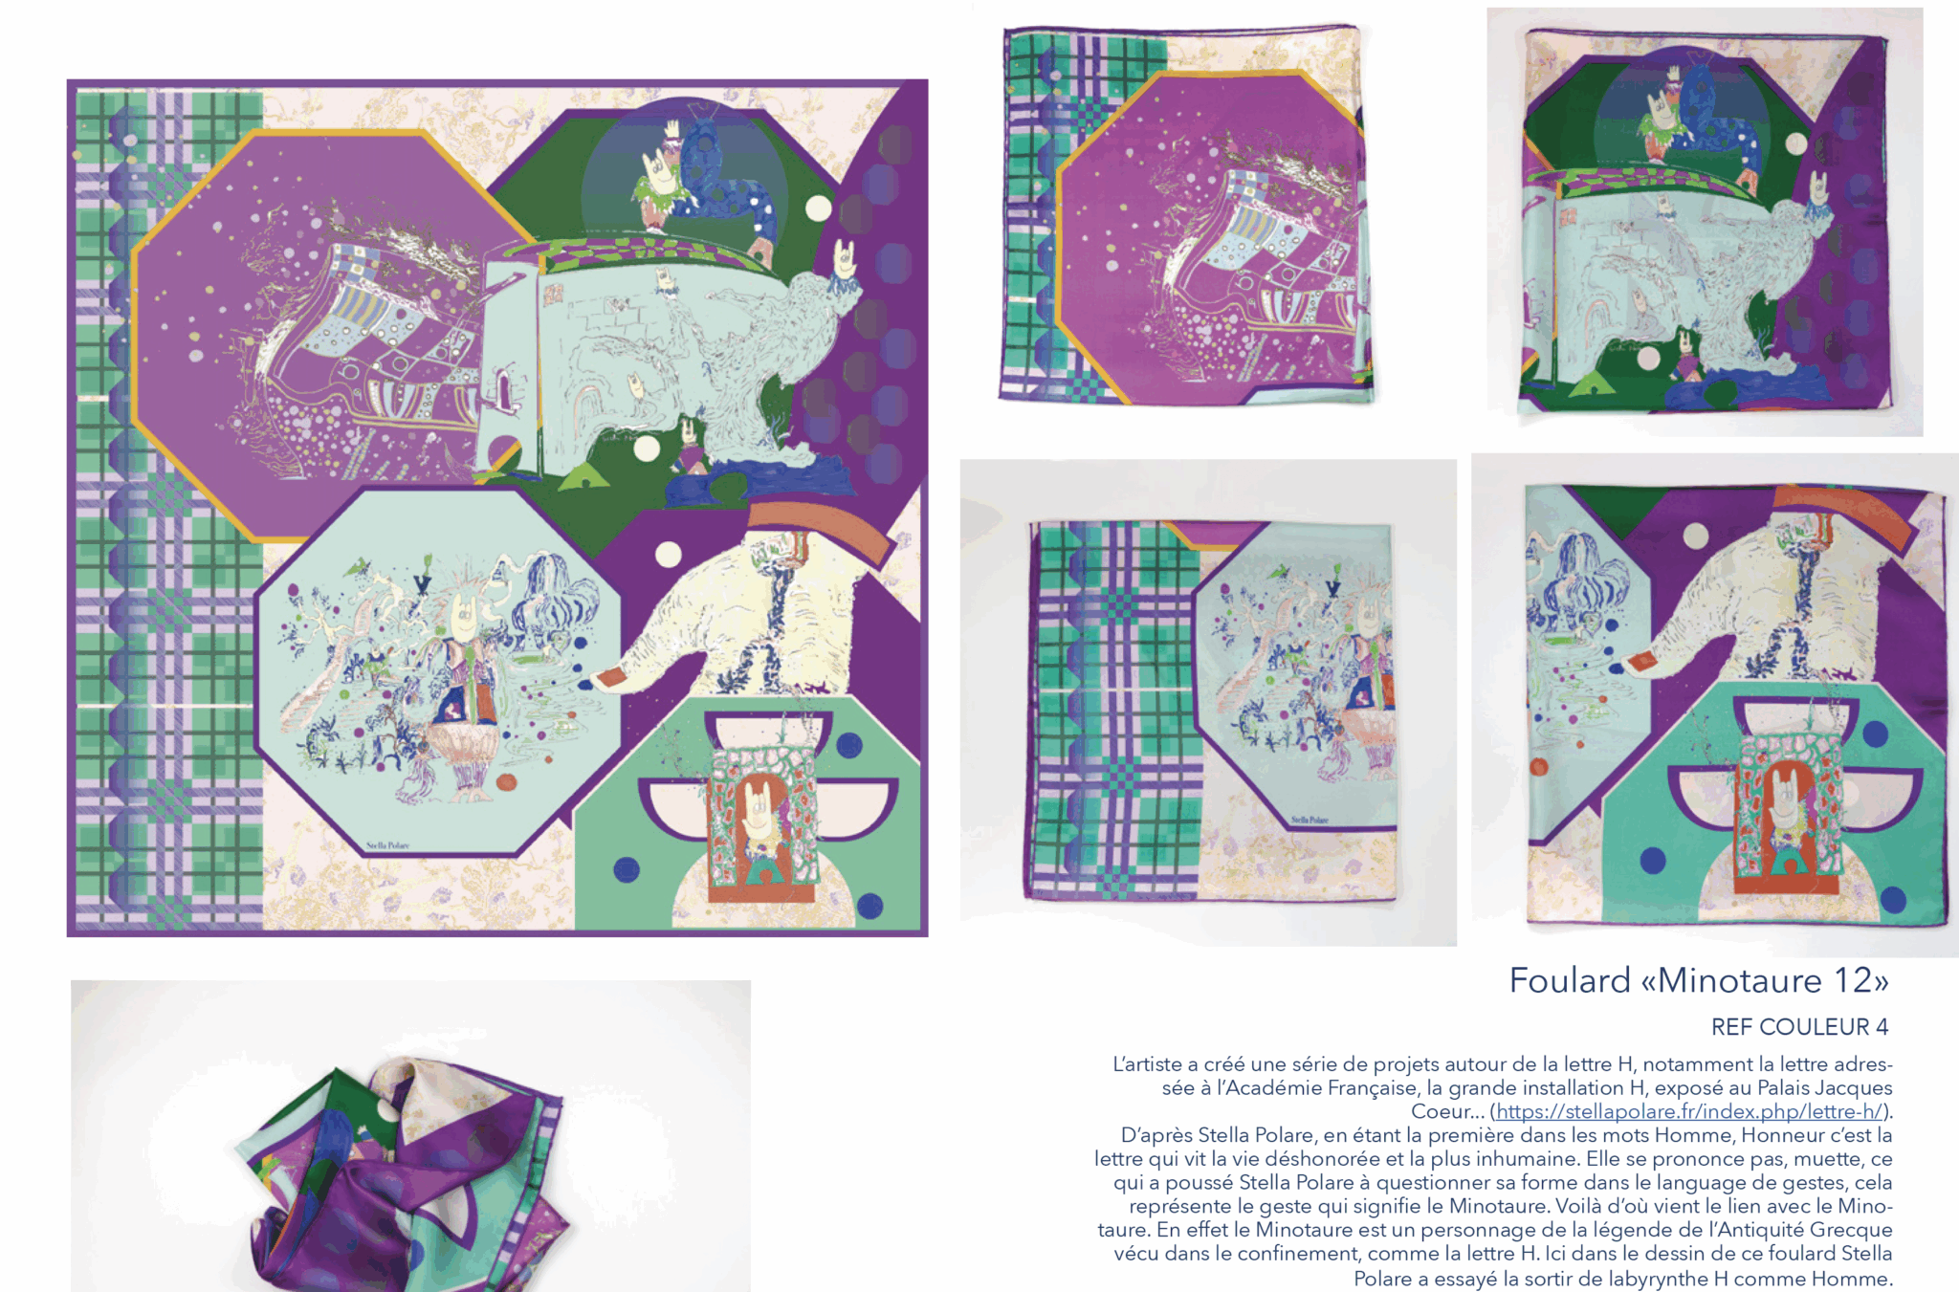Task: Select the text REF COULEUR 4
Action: point(1799,1027)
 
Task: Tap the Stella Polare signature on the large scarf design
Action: point(387,845)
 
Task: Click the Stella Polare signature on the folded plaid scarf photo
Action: point(1310,820)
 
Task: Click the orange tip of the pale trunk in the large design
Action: point(609,680)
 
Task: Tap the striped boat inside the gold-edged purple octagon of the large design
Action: point(383,335)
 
